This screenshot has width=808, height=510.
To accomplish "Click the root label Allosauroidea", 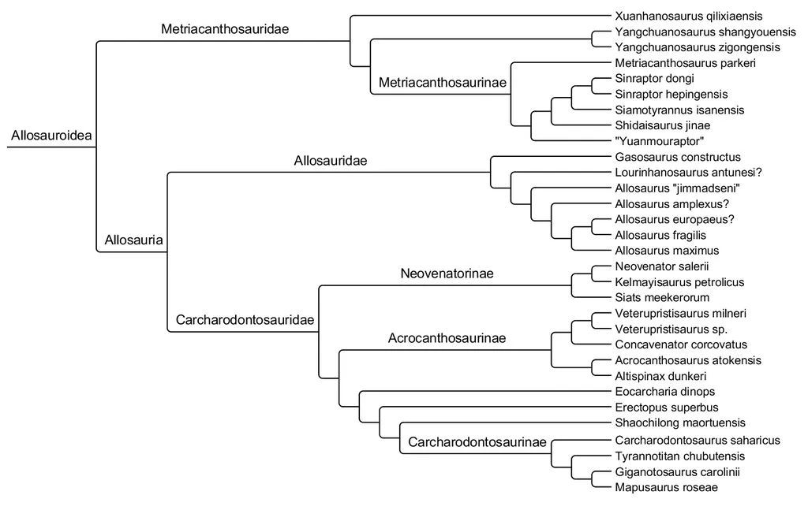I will pyautogui.click(x=51, y=136).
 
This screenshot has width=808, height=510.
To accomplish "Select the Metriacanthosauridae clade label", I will pyautogui.click(x=225, y=29).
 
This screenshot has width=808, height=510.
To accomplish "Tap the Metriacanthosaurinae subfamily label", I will pyautogui.click(x=443, y=82).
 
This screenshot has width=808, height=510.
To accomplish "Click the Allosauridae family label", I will pyautogui.click(x=331, y=161).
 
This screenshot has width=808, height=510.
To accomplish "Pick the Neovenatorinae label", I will pyautogui.click(x=447, y=274).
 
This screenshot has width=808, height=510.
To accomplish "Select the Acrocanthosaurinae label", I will pyautogui.click(x=447, y=338).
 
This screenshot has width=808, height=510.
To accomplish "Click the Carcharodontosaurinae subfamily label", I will pyautogui.click(x=477, y=442).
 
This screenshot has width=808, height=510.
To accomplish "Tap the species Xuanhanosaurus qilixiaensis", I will pyautogui.click(x=688, y=16).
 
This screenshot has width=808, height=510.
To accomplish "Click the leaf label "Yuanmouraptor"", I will pyautogui.click(x=659, y=141).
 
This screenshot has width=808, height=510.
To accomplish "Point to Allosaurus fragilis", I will pyautogui.click(x=660, y=235).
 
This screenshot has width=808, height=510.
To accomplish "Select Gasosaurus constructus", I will pyautogui.click(x=678, y=157).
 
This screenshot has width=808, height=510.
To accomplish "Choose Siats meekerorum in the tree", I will pyautogui.click(x=662, y=297).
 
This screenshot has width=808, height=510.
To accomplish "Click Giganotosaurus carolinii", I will pyautogui.click(x=677, y=472).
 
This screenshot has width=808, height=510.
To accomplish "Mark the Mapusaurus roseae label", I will pyautogui.click(x=666, y=487).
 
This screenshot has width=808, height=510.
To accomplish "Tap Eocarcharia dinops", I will pyautogui.click(x=664, y=391).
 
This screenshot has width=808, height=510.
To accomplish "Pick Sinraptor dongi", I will pyautogui.click(x=654, y=79).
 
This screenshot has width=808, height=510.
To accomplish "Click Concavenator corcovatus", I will pyautogui.click(x=681, y=344).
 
